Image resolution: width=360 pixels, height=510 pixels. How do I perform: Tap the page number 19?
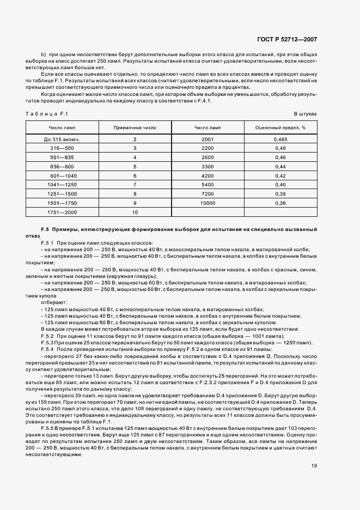point(314,465)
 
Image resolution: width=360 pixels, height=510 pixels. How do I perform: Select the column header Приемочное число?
point(134,127)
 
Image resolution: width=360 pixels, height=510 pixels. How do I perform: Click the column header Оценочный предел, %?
point(280,127)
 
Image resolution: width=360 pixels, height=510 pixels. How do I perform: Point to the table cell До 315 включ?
point(62,139)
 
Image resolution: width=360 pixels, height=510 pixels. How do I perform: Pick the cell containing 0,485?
point(280,139)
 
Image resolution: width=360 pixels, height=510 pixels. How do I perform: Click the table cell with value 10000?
point(208,203)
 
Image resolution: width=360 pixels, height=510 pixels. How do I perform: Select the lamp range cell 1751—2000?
point(62,212)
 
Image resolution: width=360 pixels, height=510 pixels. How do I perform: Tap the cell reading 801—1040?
point(62,176)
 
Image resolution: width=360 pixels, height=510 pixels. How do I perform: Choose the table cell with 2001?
point(208,139)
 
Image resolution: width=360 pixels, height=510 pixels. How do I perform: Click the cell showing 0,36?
point(280,203)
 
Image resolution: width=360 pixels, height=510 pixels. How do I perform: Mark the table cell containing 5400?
point(208,185)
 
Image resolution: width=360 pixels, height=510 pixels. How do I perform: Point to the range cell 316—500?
point(62,148)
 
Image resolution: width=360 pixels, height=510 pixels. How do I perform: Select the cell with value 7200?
point(208,194)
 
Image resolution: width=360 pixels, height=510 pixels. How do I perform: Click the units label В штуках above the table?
point(305,113)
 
